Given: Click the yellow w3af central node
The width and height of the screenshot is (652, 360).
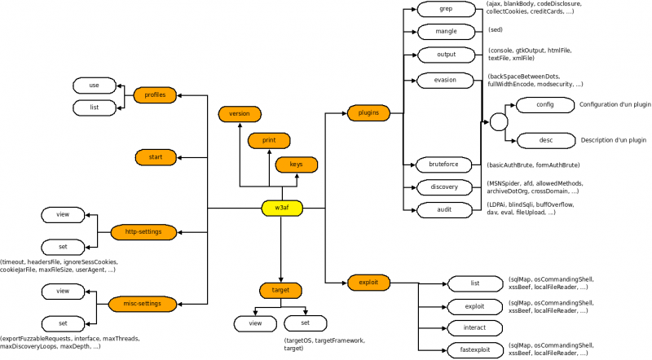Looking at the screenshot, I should (x=281, y=209).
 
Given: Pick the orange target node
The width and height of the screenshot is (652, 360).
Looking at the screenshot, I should (x=281, y=290).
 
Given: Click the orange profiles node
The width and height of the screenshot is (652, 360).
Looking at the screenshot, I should (x=155, y=95).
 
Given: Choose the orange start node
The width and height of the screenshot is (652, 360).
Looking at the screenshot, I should (x=155, y=155).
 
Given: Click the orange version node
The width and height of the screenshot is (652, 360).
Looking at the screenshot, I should (x=240, y=113).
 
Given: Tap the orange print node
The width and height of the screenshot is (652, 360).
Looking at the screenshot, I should (x=269, y=140).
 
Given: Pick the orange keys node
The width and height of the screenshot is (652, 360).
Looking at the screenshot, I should (x=296, y=165).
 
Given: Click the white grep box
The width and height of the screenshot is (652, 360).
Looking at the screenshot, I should (x=445, y=11).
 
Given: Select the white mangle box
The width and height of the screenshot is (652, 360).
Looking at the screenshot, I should (x=445, y=32).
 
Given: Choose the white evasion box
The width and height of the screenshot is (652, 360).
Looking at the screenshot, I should (x=445, y=80).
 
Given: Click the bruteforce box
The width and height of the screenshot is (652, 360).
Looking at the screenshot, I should (x=445, y=165).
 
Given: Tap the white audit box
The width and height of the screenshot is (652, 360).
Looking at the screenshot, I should (x=445, y=210).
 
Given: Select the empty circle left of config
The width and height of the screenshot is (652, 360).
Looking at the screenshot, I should (x=498, y=121).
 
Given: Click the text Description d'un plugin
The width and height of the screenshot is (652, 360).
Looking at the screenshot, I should (x=613, y=140).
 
